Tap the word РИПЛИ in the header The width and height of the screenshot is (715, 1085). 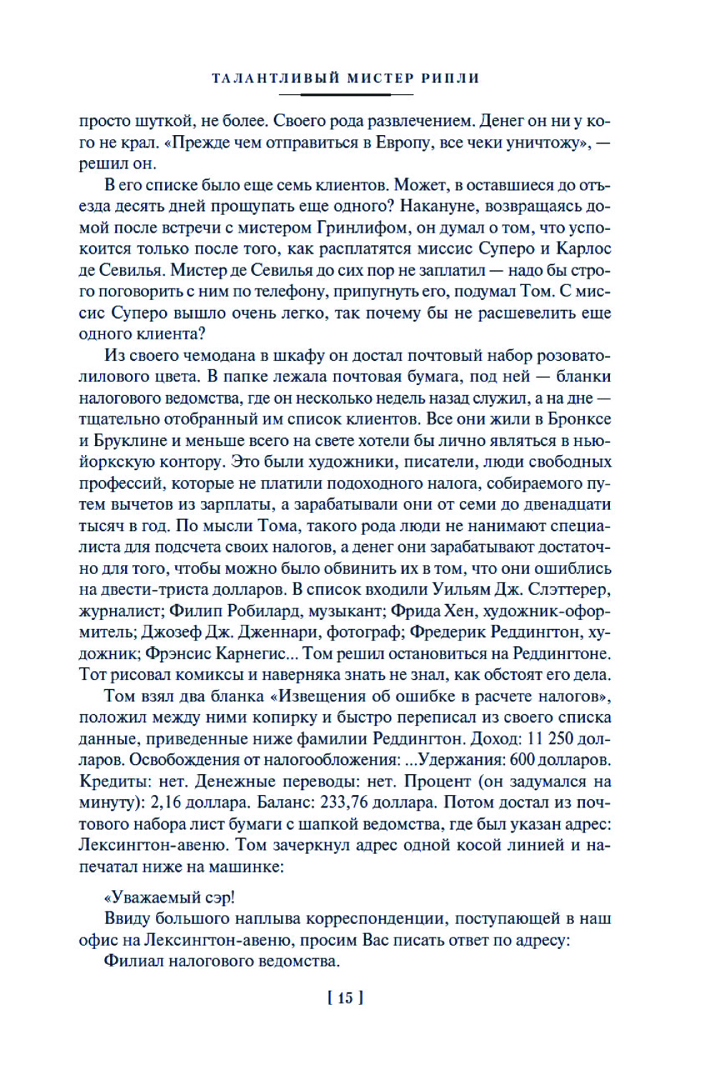pyautogui.click(x=450, y=79)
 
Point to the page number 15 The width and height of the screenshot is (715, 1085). pyautogui.click(x=345, y=998)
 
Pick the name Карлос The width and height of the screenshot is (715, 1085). pyautogui.click(x=583, y=249)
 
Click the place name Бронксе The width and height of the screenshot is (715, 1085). pyautogui.click(x=577, y=419)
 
